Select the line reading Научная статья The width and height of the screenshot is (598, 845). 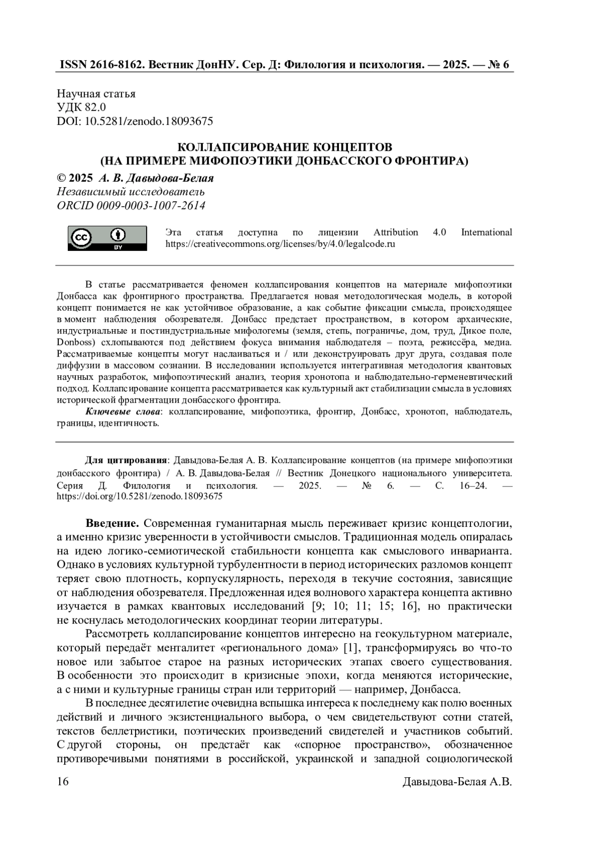[96, 94]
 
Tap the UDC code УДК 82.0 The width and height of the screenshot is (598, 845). [81, 107]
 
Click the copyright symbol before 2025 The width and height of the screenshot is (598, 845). [62, 178]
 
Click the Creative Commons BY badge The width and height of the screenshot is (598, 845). [107, 238]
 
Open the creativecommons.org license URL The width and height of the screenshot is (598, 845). [280, 244]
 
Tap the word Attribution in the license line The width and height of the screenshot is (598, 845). [396, 232]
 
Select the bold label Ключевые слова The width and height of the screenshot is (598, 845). [123, 412]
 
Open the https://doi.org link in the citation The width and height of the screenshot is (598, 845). [140, 496]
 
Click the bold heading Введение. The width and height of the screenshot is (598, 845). [112, 523]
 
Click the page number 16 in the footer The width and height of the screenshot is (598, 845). [63, 782]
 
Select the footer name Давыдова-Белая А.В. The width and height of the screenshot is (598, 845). [457, 782]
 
